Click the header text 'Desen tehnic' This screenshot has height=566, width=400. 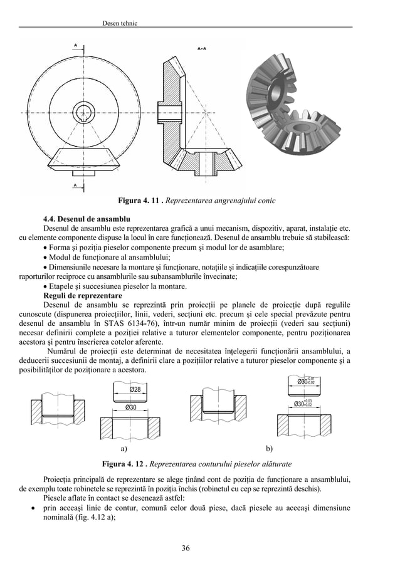119,23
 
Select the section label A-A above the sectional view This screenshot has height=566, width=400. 203,48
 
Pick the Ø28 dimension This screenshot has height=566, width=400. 134,390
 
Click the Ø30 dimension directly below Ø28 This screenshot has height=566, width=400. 132,407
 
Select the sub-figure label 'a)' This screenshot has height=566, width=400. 124,449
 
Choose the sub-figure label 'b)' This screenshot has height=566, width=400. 270,449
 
